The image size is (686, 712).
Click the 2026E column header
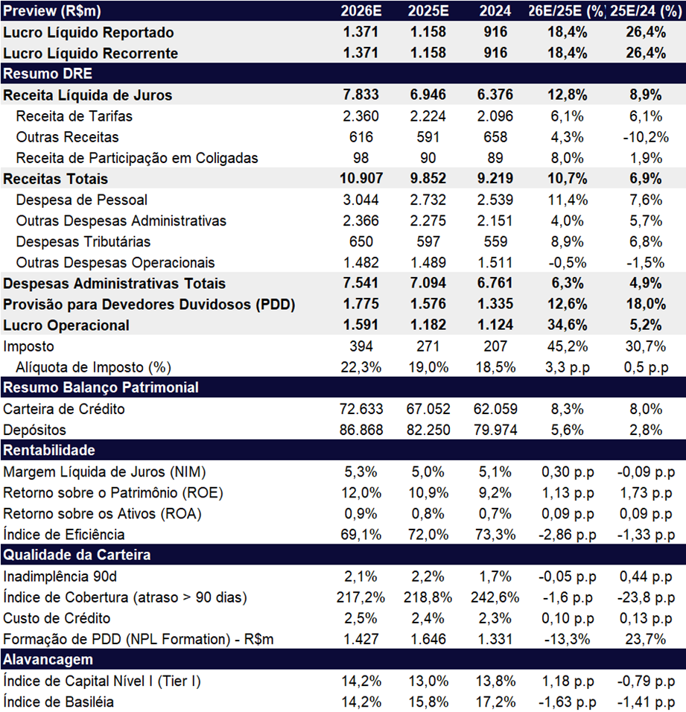(361, 11)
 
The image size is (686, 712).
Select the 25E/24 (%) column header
(646, 11)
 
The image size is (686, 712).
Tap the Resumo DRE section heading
(48, 74)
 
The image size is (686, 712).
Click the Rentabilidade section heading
(49, 450)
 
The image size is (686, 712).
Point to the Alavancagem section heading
(48, 659)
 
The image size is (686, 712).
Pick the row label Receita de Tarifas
(74, 116)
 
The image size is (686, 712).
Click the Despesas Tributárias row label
(83, 241)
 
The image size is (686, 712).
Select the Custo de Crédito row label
(57, 618)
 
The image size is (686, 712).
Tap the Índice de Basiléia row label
(58, 702)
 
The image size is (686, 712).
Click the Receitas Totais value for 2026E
(361, 179)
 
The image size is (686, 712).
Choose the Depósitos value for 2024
(495, 430)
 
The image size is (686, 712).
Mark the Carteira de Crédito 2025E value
(428, 409)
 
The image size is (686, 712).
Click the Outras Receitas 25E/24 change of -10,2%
(646, 137)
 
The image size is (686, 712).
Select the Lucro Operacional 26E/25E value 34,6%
(567, 325)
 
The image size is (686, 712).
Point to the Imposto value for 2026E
(361, 346)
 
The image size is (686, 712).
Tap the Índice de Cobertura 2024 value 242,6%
(495, 597)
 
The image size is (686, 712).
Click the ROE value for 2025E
(428, 493)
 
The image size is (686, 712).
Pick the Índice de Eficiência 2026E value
(361, 535)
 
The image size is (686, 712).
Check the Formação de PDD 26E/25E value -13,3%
(567, 639)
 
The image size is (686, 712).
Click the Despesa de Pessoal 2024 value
(495, 200)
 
